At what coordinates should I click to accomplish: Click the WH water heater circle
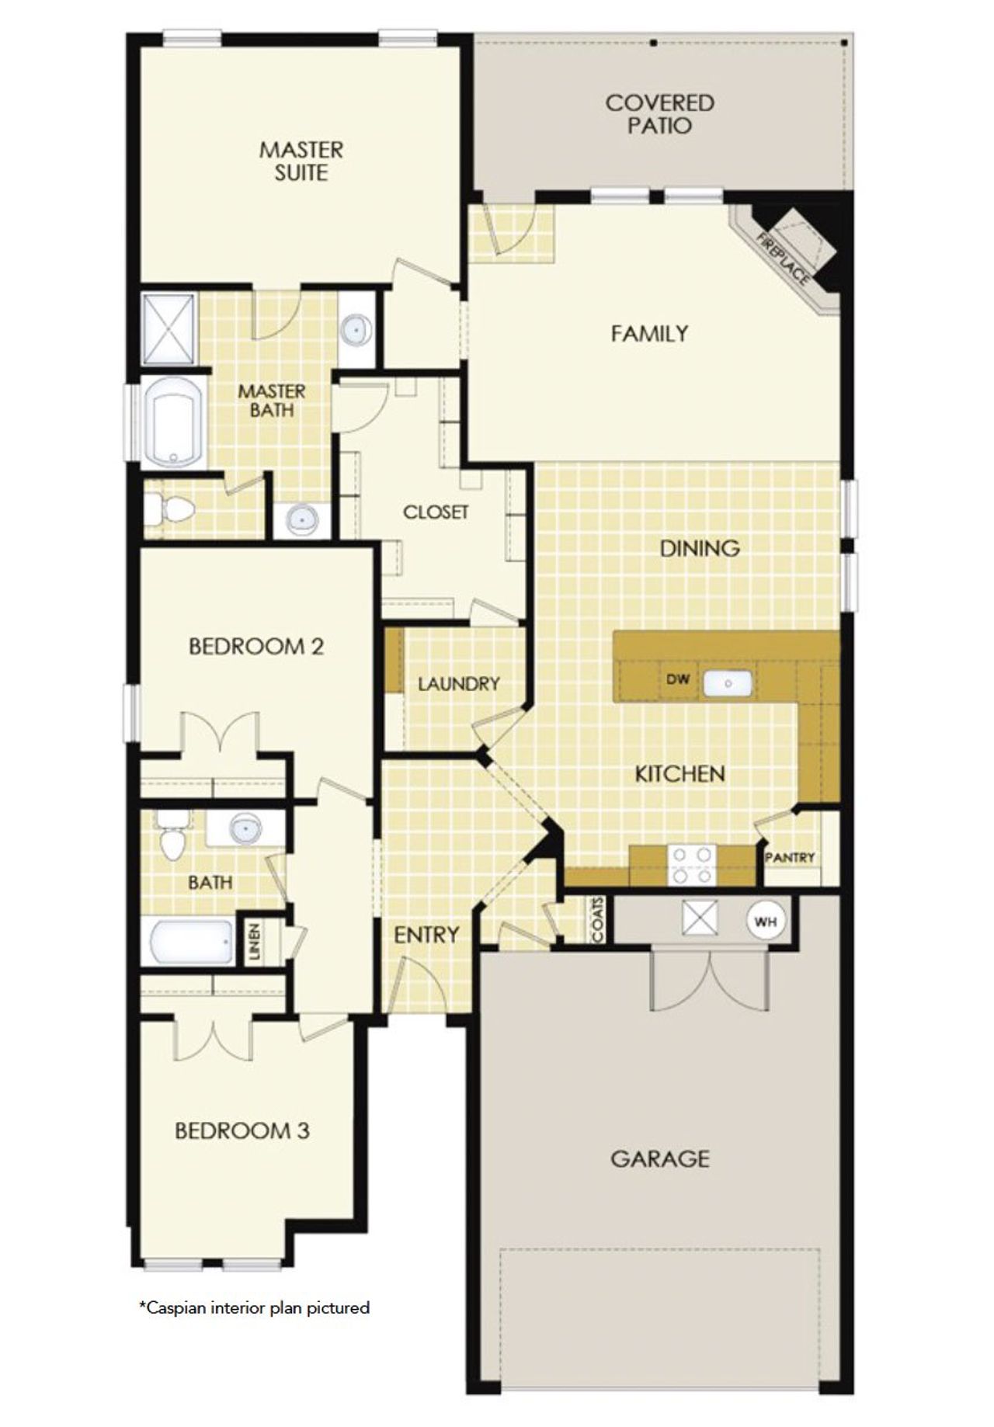766,922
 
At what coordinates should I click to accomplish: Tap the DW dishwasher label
678,679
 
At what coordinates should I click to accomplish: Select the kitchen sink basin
728,683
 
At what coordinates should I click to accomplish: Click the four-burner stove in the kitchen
693,865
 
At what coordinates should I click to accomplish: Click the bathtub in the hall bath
191,941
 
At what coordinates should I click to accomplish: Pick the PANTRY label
790,857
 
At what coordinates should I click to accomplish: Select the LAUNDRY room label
458,684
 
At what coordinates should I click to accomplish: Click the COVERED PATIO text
660,114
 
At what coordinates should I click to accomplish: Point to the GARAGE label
659,1159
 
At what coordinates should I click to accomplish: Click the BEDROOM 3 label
242,1130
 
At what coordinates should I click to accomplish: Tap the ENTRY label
426,935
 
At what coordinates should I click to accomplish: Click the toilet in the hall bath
172,838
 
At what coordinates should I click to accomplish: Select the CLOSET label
436,512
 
